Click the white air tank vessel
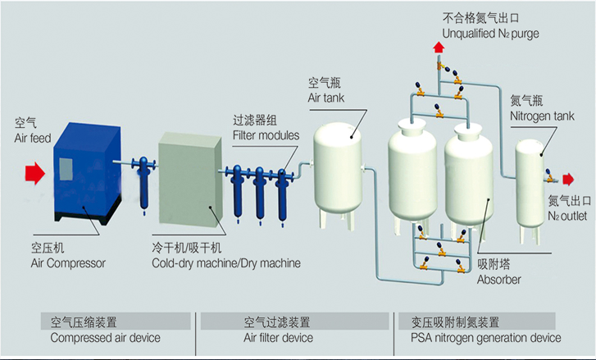(x=339, y=167)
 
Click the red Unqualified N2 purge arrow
(x=439, y=50)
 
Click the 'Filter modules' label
(x=266, y=134)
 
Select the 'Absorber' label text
(x=498, y=280)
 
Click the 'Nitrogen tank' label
(x=542, y=116)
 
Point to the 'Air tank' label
(x=325, y=98)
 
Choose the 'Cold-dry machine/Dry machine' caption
(x=225, y=262)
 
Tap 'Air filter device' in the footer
(x=278, y=337)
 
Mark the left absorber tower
(x=412, y=172)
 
